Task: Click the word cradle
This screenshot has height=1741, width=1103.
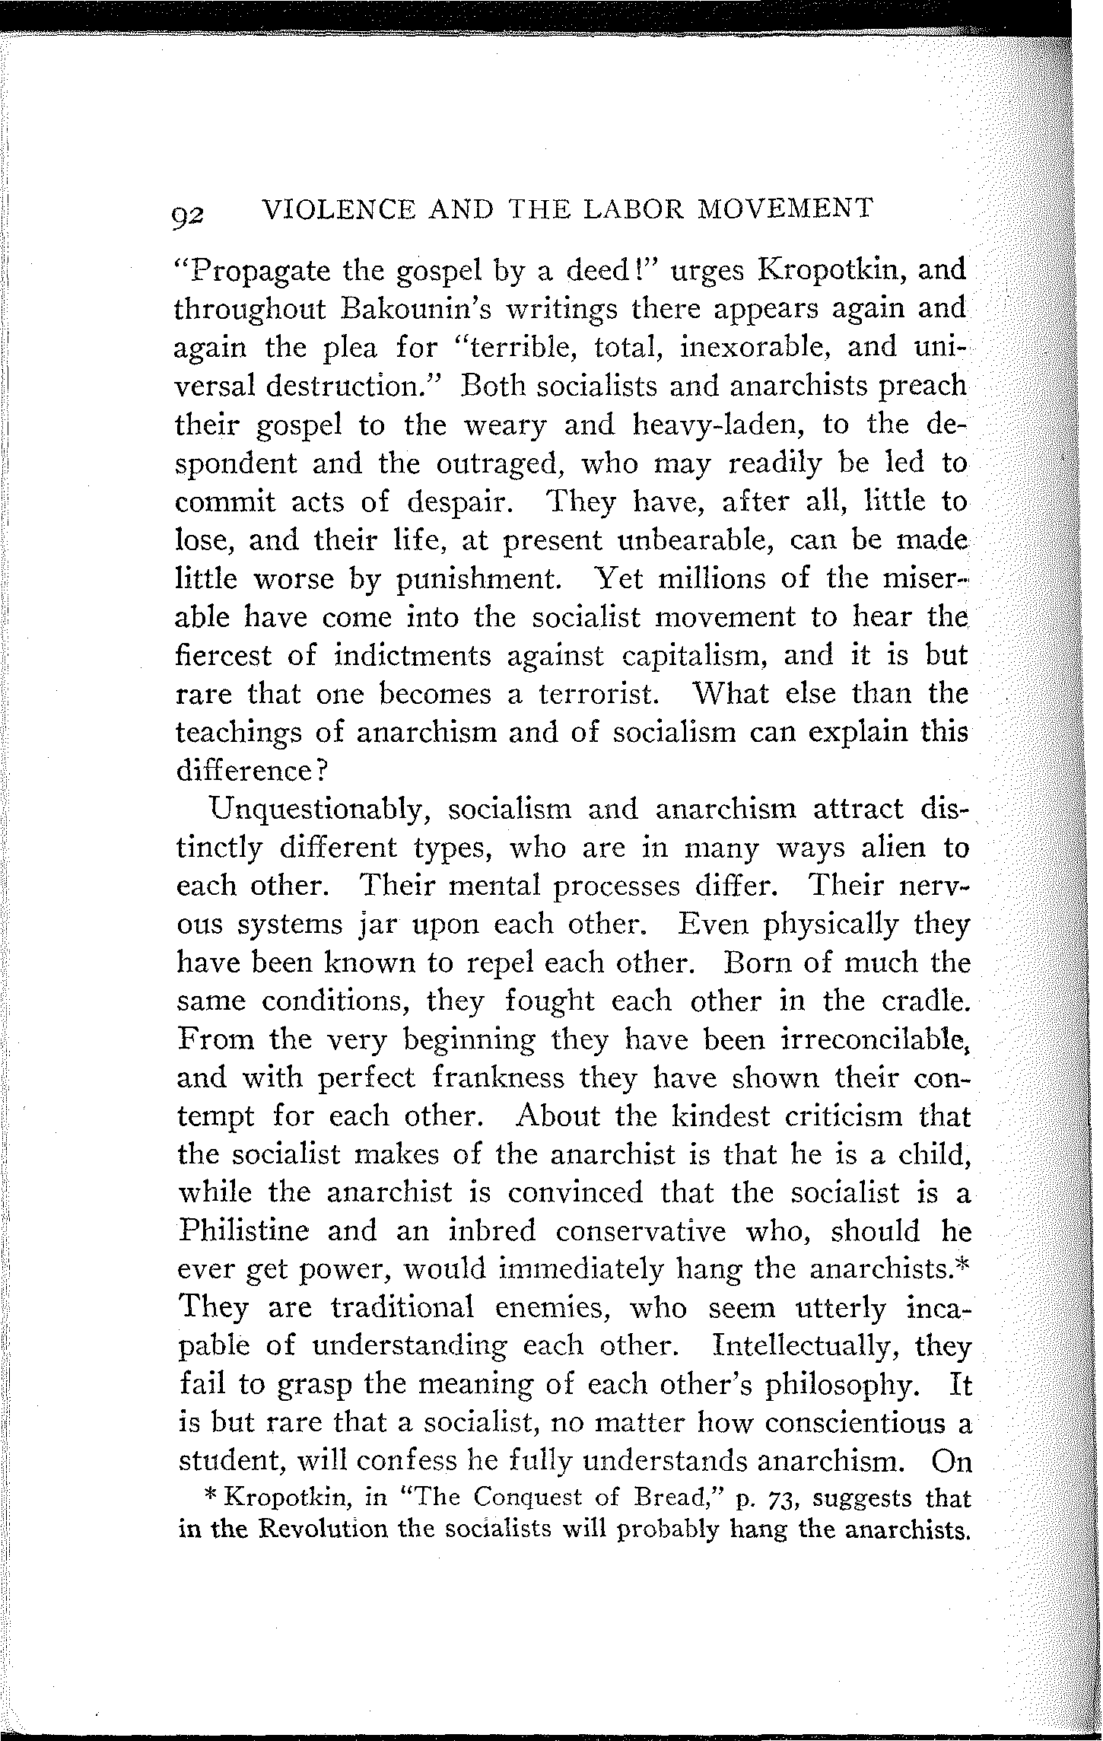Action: [925, 1000]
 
